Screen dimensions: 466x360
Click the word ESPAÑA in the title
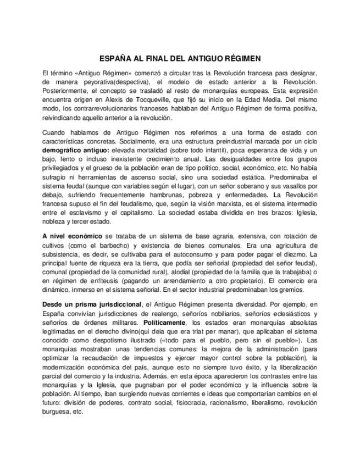click(115, 58)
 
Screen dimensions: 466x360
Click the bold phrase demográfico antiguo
click(74, 151)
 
